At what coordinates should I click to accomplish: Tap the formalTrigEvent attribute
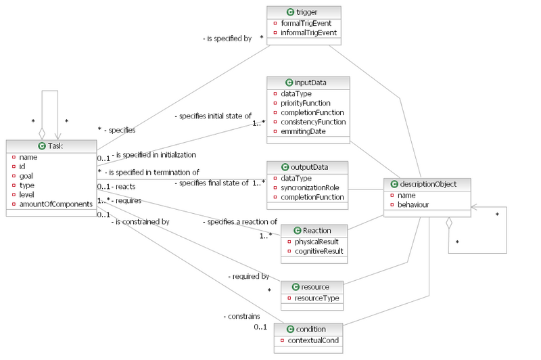pyautogui.click(x=306, y=23)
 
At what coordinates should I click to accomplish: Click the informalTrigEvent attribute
pyautogui.click(x=309, y=32)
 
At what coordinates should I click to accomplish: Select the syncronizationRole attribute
pyautogui.click(x=310, y=187)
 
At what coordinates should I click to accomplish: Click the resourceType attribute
pyautogui.click(x=313, y=298)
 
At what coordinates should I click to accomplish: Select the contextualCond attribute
pyautogui.click(x=312, y=340)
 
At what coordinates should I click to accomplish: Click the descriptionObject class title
pyautogui.click(x=429, y=184)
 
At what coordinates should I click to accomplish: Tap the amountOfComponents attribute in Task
pyautogui.click(x=56, y=204)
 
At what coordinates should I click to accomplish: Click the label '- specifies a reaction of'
pyautogui.click(x=240, y=221)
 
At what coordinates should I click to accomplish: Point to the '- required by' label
pyautogui.click(x=249, y=276)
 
